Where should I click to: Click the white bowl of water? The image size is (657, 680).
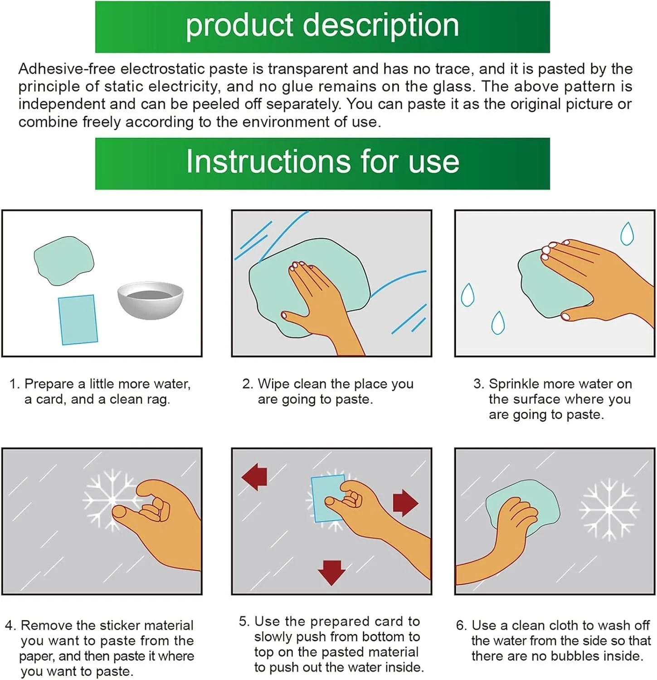[151, 300]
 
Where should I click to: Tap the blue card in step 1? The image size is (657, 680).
[78, 320]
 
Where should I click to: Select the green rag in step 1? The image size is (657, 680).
[64, 261]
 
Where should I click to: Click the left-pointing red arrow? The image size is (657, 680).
[254, 476]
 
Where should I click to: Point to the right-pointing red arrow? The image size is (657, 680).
[405, 502]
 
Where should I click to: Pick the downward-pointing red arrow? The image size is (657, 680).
[332, 573]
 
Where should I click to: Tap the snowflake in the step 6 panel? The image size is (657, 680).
[609, 510]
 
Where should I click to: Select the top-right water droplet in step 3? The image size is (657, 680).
[627, 233]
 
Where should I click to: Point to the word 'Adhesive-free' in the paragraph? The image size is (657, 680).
[67, 69]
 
